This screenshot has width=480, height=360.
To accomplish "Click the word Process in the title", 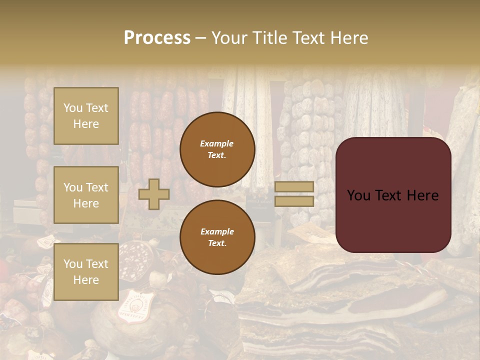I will click(157, 38).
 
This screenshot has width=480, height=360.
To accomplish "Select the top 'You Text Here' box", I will click(86, 116).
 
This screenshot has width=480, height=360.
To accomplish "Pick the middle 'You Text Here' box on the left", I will click(86, 195).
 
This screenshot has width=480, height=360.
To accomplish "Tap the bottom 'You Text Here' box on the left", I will click(86, 271).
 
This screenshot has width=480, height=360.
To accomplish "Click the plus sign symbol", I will click(154, 194).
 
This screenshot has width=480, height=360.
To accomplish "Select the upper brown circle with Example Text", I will click(217, 149).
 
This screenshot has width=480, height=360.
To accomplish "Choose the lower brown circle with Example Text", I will click(217, 237).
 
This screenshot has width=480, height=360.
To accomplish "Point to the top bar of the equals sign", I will click(294, 186).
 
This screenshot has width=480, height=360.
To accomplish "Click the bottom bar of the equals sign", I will click(294, 201).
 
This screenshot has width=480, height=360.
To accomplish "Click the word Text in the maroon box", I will click(390, 195).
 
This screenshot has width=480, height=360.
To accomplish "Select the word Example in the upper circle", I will click(216, 143).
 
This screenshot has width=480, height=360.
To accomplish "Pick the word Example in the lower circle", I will click(217, 231).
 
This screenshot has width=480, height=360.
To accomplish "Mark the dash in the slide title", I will click(201, 38).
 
